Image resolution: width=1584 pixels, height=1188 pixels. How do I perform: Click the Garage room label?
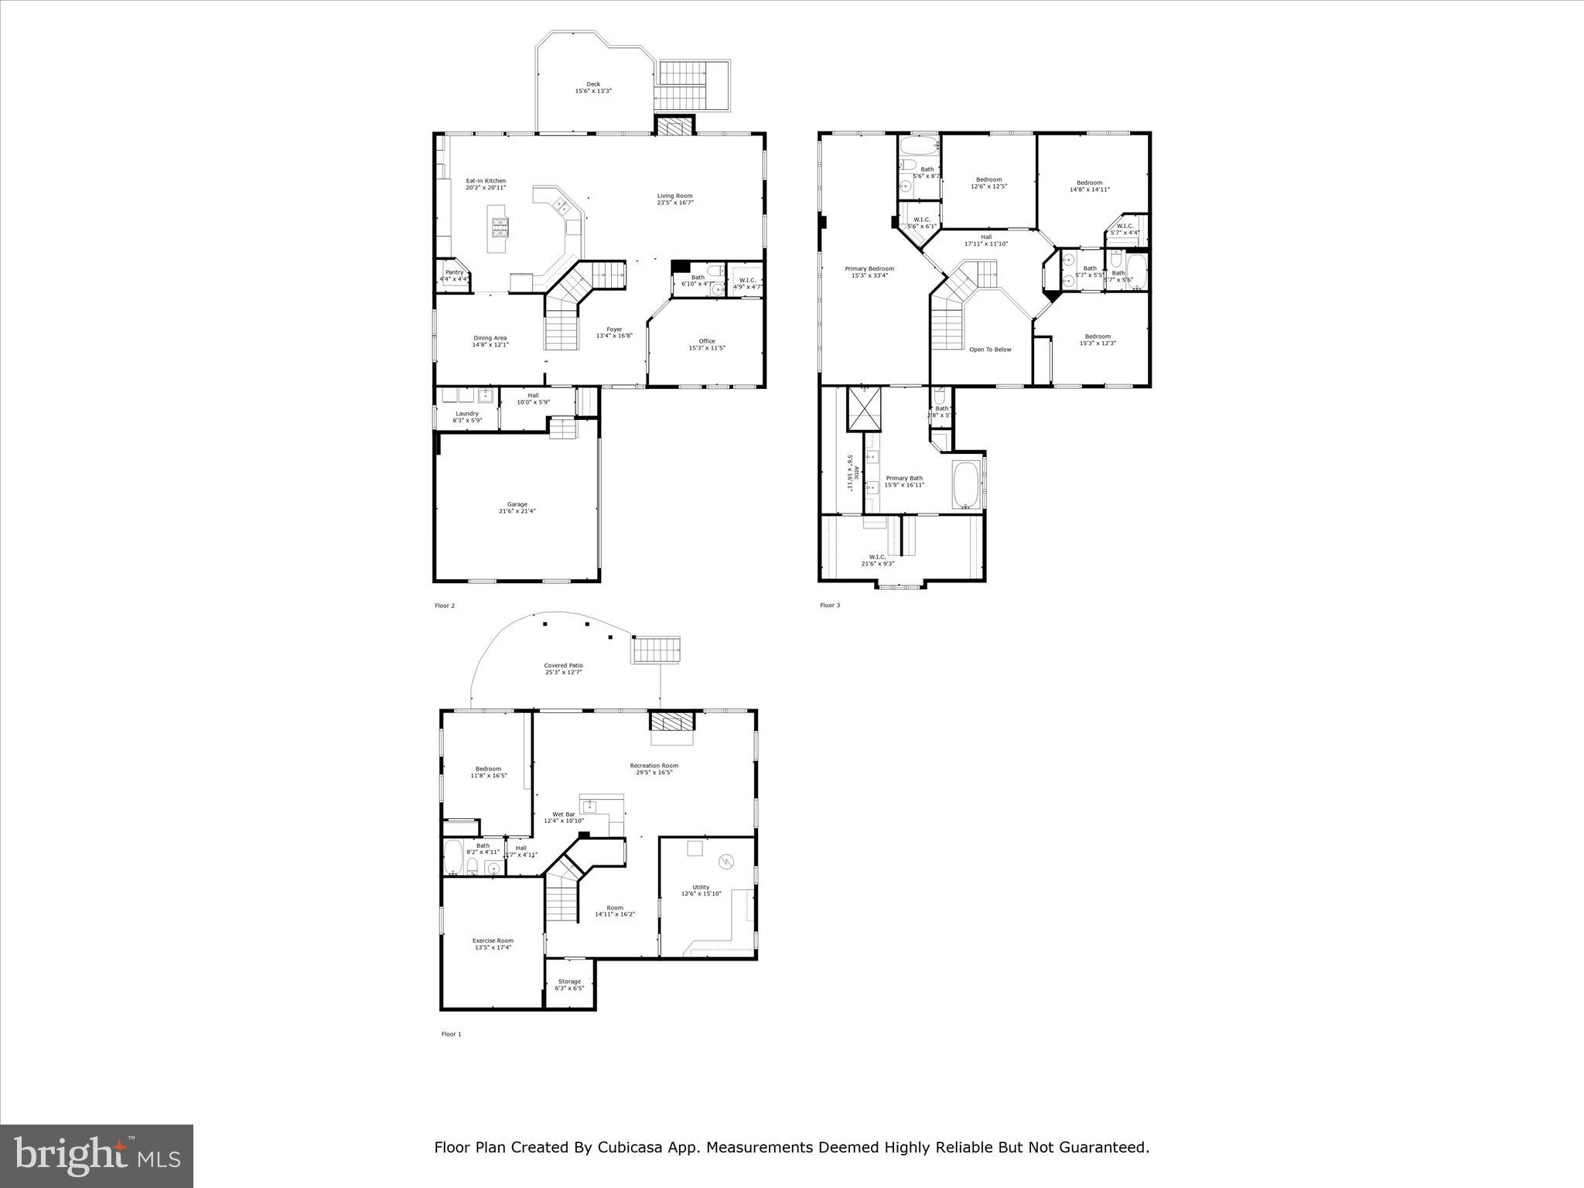(x=517, y=504)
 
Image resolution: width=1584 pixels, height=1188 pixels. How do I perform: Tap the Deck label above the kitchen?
(x=593, y=84)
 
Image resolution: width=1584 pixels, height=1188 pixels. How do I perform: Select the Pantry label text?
(x=454, y=272)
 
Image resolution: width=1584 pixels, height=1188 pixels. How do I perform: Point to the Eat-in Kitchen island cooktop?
(x=500, y=227)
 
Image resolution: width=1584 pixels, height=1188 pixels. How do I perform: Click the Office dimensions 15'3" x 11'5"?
(x=706, y=348)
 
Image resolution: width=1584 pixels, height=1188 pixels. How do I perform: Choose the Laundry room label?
(x=467, y=413)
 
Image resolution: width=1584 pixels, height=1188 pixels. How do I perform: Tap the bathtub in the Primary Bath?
(x=966, y=484)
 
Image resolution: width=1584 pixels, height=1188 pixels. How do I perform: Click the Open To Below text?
(x=990, y=350)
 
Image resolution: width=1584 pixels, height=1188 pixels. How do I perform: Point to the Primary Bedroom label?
(x=869, y=268)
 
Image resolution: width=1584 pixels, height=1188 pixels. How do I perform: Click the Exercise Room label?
(x=493, y=940)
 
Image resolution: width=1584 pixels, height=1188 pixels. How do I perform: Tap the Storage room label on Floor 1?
(x=569, y=981)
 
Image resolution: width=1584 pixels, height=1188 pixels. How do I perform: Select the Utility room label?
(x=701, y=887)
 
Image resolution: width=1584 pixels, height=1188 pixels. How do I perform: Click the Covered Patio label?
(x=563, y=665)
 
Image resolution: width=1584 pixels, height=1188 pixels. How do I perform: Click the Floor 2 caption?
(x=445, y=606)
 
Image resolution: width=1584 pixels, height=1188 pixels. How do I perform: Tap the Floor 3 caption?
(x=830, y=606)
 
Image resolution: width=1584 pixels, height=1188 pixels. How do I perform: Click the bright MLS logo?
(x=97, y=1155)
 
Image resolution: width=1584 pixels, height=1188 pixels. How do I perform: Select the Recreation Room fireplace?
(x=671, y=722)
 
